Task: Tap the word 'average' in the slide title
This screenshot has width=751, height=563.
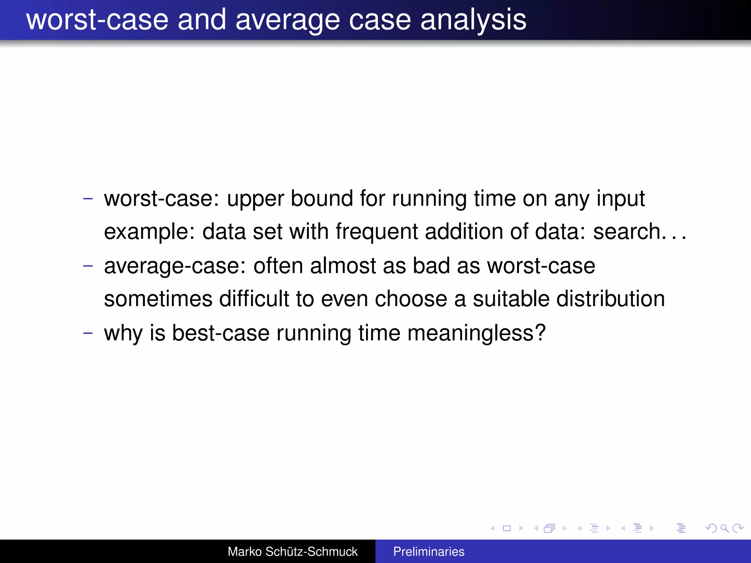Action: (287, 20)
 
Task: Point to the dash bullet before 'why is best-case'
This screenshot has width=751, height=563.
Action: (88, 333)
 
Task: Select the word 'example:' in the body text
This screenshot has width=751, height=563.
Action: (149, 232)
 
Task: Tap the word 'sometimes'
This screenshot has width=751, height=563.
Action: (158, 299)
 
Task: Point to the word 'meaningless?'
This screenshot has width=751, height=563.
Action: (476, 334)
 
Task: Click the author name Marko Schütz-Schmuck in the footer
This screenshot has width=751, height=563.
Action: (292, 552)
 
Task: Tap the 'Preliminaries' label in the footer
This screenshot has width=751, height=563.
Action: (429, 552)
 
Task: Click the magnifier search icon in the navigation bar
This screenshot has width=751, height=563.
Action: (724, 528)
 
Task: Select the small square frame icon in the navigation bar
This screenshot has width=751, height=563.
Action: (507, 528)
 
